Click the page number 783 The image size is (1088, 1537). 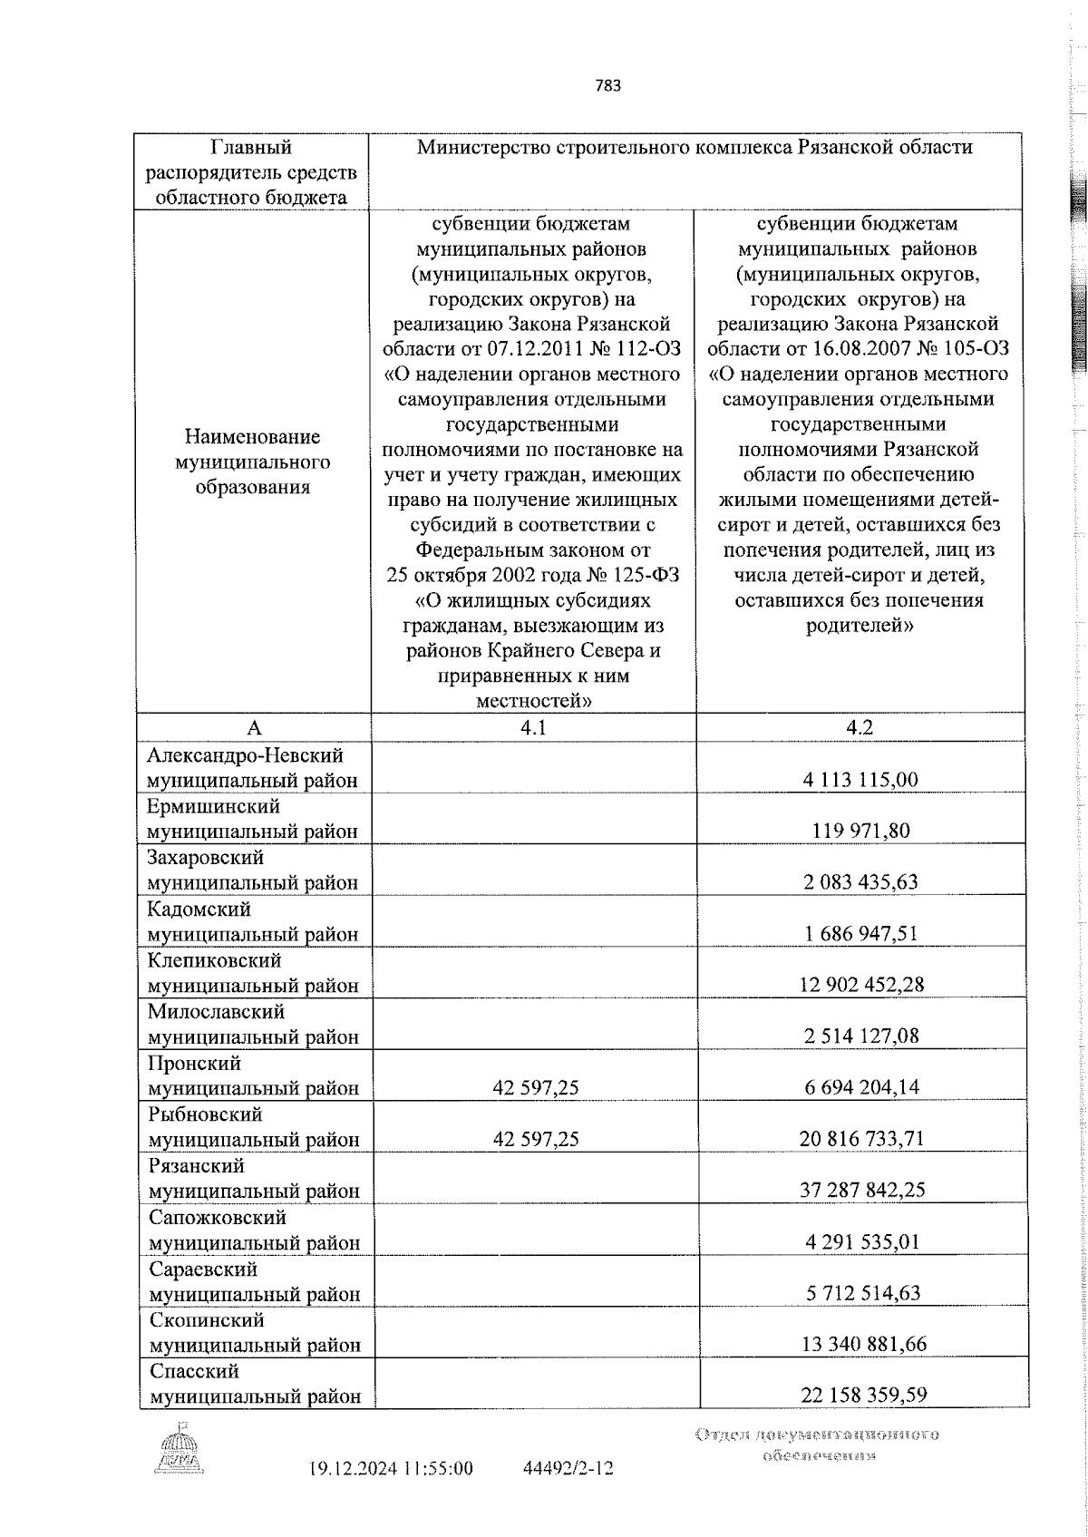608,87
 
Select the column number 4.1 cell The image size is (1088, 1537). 533,728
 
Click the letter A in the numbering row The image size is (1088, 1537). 254,728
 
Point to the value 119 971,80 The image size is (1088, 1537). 861,831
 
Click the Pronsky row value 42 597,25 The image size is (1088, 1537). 535,1087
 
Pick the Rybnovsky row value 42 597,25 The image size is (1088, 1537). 535,1139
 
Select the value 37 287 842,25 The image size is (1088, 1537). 861,1190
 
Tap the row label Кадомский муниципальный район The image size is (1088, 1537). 254,921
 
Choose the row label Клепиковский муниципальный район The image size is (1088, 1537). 254,973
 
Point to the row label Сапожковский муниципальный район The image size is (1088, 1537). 254,1230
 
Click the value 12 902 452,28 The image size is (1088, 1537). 861,985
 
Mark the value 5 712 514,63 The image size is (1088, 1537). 861,1292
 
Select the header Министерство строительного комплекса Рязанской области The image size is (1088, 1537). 695,148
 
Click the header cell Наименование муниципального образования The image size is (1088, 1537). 253,462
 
